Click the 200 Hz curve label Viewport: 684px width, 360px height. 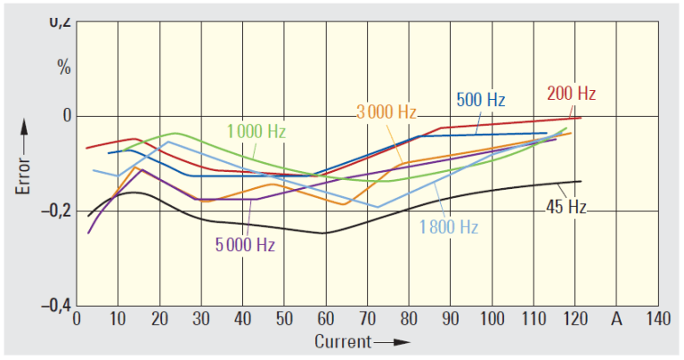(x=571, y=94)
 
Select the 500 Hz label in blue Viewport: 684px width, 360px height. (x=481, y=99)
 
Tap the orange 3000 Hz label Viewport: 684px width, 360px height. (x=387, y=112)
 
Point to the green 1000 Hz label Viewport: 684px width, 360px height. (x=256, y=132)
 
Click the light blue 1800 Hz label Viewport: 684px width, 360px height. (x=449, y=226)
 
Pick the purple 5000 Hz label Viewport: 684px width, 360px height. (x=245, y=243)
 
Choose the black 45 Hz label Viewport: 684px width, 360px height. (x=566, y=207)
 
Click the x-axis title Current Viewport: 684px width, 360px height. (x=342, y=342)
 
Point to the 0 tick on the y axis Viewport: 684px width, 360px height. (x=65, y=117)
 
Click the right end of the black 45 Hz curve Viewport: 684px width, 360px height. (x=581, y=182)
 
